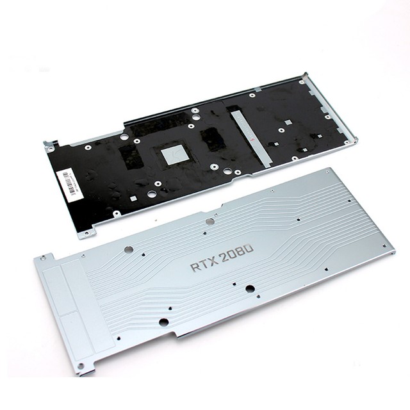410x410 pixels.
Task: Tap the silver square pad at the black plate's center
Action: (x=173, y=154)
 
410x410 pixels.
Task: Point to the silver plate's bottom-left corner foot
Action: (x=86, y=369)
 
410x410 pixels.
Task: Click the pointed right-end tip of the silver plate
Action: (x=391, y=250)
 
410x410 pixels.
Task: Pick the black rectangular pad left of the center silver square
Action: (x=131, y=156)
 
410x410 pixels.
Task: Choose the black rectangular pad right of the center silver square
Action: (x=210, y=138)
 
